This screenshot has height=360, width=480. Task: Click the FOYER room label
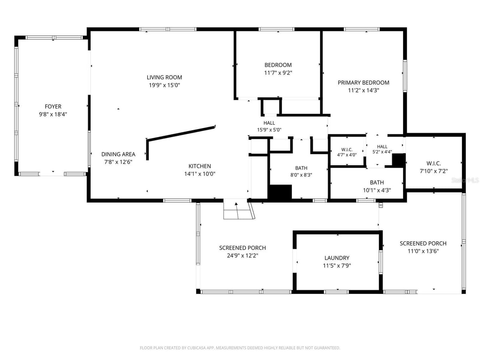coord(53,106)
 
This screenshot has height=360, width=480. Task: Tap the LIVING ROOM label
coord(164,77)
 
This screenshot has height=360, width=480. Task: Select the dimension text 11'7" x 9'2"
coord(278,73)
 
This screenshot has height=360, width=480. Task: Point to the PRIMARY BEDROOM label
coord(364,83)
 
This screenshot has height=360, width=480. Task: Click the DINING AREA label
coord(118,154)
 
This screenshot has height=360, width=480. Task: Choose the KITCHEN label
coord(200,166)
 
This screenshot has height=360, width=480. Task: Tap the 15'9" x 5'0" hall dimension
coord(269,130)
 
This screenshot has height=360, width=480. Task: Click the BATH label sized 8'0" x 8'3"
coord(301,168)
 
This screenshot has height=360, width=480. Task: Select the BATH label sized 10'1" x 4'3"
coord(377,182)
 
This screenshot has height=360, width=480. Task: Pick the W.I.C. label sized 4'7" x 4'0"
coord(347,150)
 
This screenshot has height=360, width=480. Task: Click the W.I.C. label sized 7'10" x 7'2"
coord(434,164)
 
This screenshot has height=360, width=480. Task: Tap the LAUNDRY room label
coord(337,258)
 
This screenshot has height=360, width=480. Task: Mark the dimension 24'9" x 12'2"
coord(242,256)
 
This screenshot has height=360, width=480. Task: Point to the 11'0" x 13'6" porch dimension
coord(423,251)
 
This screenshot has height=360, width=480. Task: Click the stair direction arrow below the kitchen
coord(237,211)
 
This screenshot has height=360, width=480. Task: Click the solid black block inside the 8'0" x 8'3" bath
coord(280,192)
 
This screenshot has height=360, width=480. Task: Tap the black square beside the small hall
coord(398,160)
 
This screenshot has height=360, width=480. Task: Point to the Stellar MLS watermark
coord(465,180)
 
